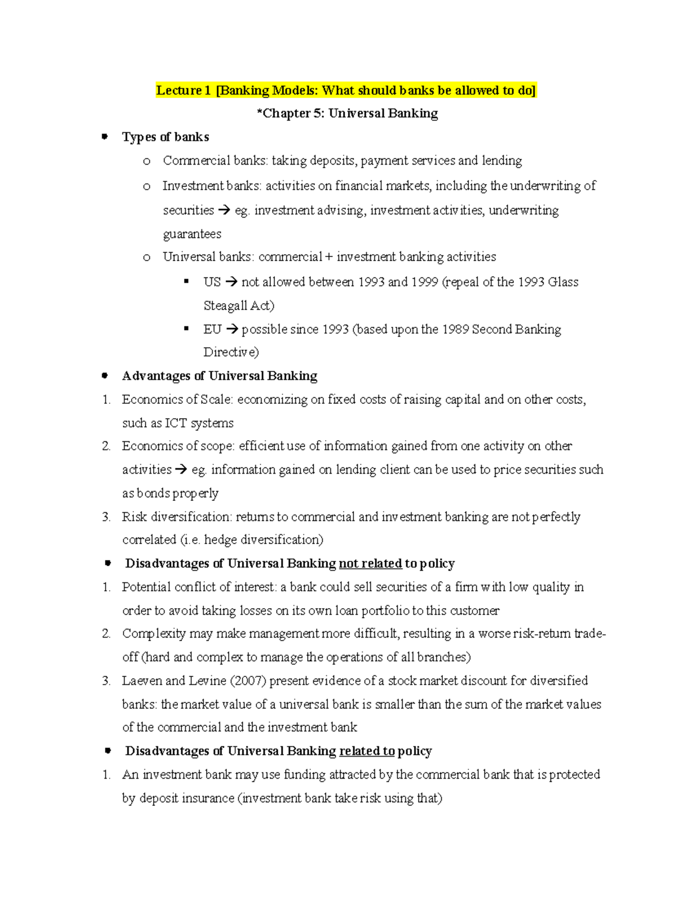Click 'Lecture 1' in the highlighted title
pos(180,91)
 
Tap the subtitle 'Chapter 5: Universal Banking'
pos(347,114)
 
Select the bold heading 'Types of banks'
pos(165,137)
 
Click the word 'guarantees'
pos(192,234)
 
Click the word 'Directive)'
pos(231,352)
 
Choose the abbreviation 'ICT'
pos(176,423)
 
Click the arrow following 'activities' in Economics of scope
pos(181,470)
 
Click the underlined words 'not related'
pos(370,564)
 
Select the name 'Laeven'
pos(142,681)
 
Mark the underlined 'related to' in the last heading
pos(367,751)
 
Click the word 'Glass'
pos(563,282)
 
